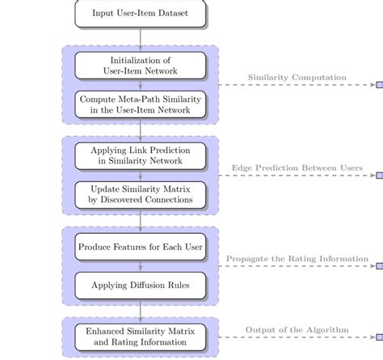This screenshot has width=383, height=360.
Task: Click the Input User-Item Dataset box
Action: tap(141, 13)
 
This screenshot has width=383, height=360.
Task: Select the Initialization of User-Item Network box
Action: tap(141, 66)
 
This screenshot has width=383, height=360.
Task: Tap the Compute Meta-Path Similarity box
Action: tap(141, 104)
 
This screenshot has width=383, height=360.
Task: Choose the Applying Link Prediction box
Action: tap(141, 155)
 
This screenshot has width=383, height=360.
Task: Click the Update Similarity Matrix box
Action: tap(141, 194)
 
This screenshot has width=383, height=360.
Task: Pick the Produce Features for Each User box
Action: tap(141, 246)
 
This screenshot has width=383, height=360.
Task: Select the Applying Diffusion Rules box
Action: tap(141, 285)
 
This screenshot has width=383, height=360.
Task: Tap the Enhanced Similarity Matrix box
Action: tap(141, 337)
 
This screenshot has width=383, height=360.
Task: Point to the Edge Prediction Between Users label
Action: tap(297, 168)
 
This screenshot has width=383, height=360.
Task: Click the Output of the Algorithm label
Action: tap(297, 329)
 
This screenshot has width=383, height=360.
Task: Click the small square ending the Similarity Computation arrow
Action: tap(379, 85)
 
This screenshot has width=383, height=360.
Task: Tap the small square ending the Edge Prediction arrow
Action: tap(379, 176)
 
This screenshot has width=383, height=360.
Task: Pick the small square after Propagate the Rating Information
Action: tap(379, 266)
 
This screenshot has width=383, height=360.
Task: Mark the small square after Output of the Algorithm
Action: tap(379, 337)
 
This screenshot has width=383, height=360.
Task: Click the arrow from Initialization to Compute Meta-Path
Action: tap(141, 85)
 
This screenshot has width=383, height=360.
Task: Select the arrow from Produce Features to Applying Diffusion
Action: tap(141, 265)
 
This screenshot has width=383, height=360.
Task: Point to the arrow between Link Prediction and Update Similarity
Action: tap(141, 175)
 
